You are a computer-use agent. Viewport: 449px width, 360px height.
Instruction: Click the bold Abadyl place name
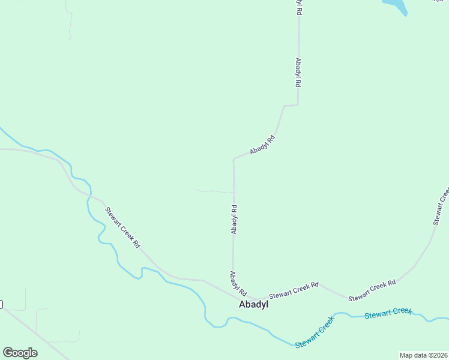(253, 304)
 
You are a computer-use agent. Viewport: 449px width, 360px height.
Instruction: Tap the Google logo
(20, 353)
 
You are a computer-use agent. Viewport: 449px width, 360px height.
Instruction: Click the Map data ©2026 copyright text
(423, 355)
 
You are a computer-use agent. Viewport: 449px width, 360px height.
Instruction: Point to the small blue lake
(396, 6)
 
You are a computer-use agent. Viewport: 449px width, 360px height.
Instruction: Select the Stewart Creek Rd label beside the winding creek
(122, 228)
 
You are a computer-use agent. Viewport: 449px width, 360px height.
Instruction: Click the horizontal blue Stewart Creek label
(388, 313)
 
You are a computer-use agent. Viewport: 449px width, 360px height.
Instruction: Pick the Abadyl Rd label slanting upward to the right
(262, 145)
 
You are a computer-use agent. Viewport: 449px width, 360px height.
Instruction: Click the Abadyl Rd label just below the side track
(234, 220)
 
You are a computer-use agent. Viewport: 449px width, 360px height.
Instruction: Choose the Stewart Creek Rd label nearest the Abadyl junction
(294, 291)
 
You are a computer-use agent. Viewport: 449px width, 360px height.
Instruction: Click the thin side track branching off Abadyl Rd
(213, 191)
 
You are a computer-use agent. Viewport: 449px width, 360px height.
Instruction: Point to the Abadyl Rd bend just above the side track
(234, 160)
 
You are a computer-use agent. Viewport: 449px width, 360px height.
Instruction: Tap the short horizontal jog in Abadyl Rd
(291, 106)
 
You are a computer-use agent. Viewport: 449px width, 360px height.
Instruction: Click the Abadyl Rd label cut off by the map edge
(298, 7)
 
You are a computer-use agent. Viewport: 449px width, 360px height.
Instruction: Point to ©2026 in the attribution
(436, 355)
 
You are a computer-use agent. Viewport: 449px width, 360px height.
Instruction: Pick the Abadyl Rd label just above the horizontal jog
(298, 73)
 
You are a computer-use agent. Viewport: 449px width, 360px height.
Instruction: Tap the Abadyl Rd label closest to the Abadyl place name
(238, 283)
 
